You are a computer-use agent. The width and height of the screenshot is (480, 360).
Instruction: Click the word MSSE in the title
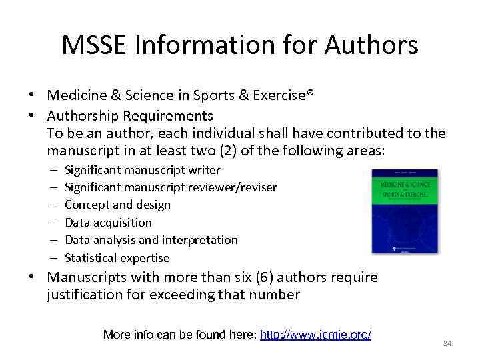(95, 45)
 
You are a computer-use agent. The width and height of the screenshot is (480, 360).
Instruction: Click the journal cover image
(405, 211)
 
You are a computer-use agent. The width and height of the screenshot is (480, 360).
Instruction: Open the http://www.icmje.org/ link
(315, 335)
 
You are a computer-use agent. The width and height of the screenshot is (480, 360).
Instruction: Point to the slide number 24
(447, 343)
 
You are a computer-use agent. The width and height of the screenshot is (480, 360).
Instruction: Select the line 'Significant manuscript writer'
(142, 170)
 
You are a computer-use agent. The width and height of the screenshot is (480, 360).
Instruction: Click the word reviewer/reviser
(233, 187)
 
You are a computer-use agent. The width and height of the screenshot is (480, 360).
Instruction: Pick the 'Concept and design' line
(117, 205)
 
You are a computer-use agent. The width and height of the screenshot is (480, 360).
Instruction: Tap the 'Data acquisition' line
(108, 223)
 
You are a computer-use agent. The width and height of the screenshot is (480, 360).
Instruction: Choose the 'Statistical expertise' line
(117, 258)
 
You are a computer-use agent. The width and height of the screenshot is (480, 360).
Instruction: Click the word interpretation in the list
(202, 240)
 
